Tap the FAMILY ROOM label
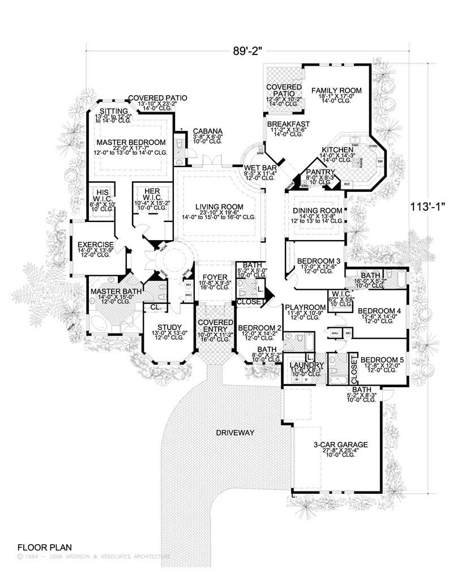pyautogui.click(x=336, y=90)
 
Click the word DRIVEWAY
pyautogui.click(x=234, y=433)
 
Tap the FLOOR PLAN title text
pyautogui.click(x=44, y=547)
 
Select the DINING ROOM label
pyautogui.click(x=314, y=211)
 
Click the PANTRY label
pyautogui.click(x=321, y=173)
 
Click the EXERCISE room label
pyautogui.click(x=96, y=245)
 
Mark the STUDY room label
pyautogui.click(x=169, y=327)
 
